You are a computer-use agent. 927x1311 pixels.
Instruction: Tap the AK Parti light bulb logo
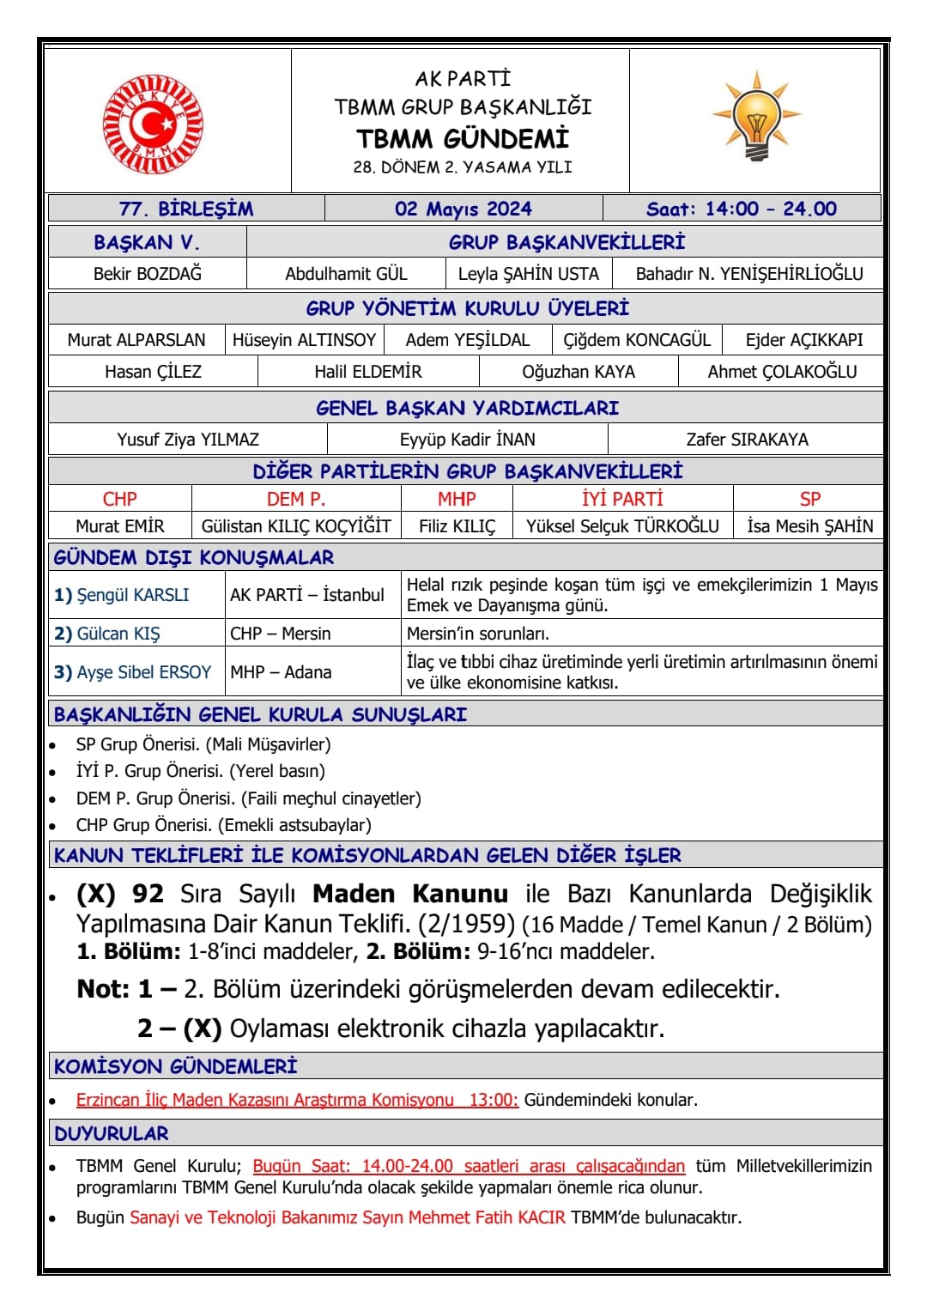(756, 118)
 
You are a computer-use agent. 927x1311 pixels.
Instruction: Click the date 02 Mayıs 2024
(463, 209)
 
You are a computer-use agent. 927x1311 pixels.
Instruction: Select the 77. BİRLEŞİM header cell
(186, 209)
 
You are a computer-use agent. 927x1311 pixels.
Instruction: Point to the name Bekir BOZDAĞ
(148, 274)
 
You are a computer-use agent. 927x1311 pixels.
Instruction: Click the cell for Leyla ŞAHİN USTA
(529, 274)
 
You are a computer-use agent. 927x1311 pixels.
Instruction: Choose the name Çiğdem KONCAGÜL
(637, 340)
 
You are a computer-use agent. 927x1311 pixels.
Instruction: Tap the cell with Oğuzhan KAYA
(579, 372)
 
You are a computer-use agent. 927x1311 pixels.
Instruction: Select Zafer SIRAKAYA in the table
(747, 440)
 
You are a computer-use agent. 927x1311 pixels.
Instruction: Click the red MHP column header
(457, 499)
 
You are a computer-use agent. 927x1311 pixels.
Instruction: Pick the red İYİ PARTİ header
(622, 499)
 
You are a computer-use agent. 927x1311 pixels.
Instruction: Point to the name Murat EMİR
(120, 526)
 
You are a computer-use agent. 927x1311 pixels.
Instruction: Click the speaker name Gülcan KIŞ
(118, 634)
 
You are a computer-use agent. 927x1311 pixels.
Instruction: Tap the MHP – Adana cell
(281, 672)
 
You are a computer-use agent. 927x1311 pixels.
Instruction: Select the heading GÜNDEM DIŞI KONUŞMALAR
(194, 558)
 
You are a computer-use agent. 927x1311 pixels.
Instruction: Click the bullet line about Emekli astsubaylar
(224, 825)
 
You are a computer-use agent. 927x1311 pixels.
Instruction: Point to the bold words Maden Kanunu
(410, 895)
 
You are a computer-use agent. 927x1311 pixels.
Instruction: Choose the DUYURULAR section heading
(112, 1133)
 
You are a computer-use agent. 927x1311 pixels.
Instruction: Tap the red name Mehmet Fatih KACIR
(487, 1217)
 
